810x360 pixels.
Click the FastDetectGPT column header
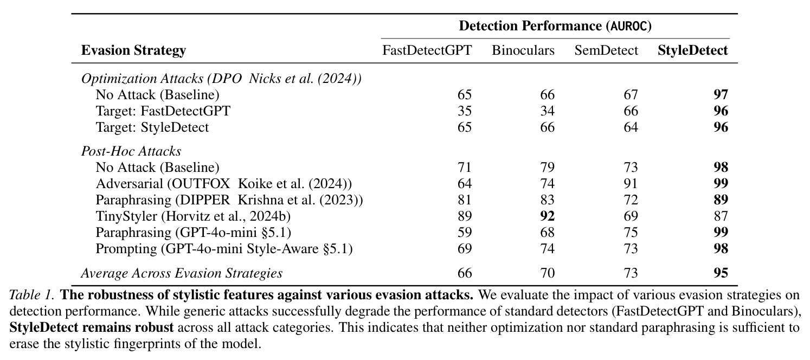click(427, 50)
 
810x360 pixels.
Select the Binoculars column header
click(523, 50)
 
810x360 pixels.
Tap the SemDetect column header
click(606, 50)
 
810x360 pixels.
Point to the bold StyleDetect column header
click(692, 50)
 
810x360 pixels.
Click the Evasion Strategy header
click(133, 50)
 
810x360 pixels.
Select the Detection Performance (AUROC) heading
click(555, 26)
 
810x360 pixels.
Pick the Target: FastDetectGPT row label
click(163, 111)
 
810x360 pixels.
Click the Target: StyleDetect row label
click(152, 127)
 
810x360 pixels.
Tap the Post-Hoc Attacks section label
click(131, 151)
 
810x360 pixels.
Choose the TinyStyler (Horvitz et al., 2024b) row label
click(193, 216)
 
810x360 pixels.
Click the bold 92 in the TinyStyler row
click(547, 216)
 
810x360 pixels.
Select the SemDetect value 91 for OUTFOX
click(631, 184)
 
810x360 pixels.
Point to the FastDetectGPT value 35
click(465, 111)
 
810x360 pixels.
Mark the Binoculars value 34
click(547, 111)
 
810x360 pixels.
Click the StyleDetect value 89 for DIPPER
click(721, 200)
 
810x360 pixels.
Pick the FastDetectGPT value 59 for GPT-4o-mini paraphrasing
click(465, 233)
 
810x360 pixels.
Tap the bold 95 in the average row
click(721, 273)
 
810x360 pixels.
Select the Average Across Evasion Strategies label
click(182, 273)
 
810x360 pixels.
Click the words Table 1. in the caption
click(32, 295)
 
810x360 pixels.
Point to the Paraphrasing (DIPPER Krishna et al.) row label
click(229, 200)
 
